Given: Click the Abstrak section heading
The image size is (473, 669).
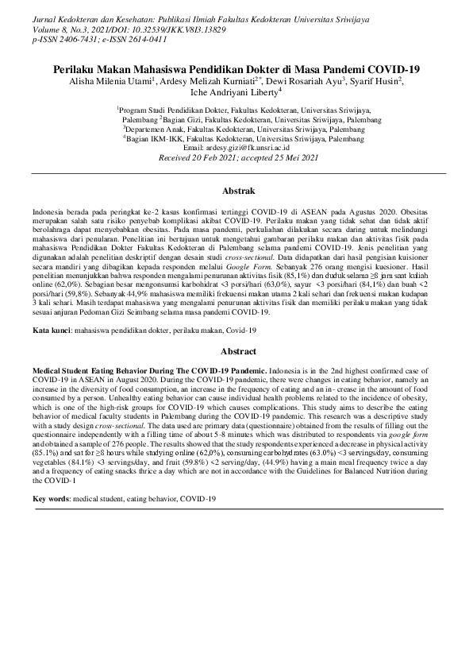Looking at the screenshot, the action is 236,191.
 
